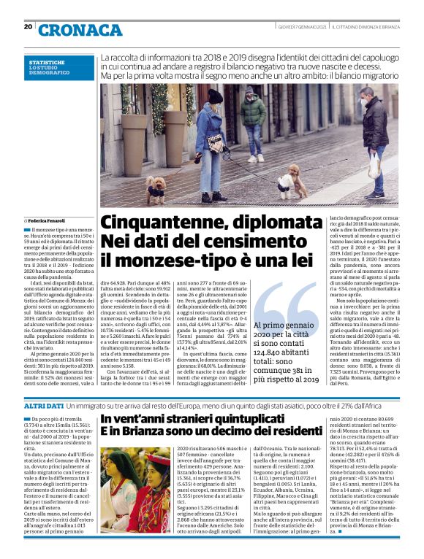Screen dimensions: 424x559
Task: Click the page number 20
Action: pyautogui.click(x=28, y=27)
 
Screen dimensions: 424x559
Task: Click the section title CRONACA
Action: pyautogui.click(x=80, y=30)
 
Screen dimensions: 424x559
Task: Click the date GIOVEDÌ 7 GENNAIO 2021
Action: pyautogui.click(x=301, y=28)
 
